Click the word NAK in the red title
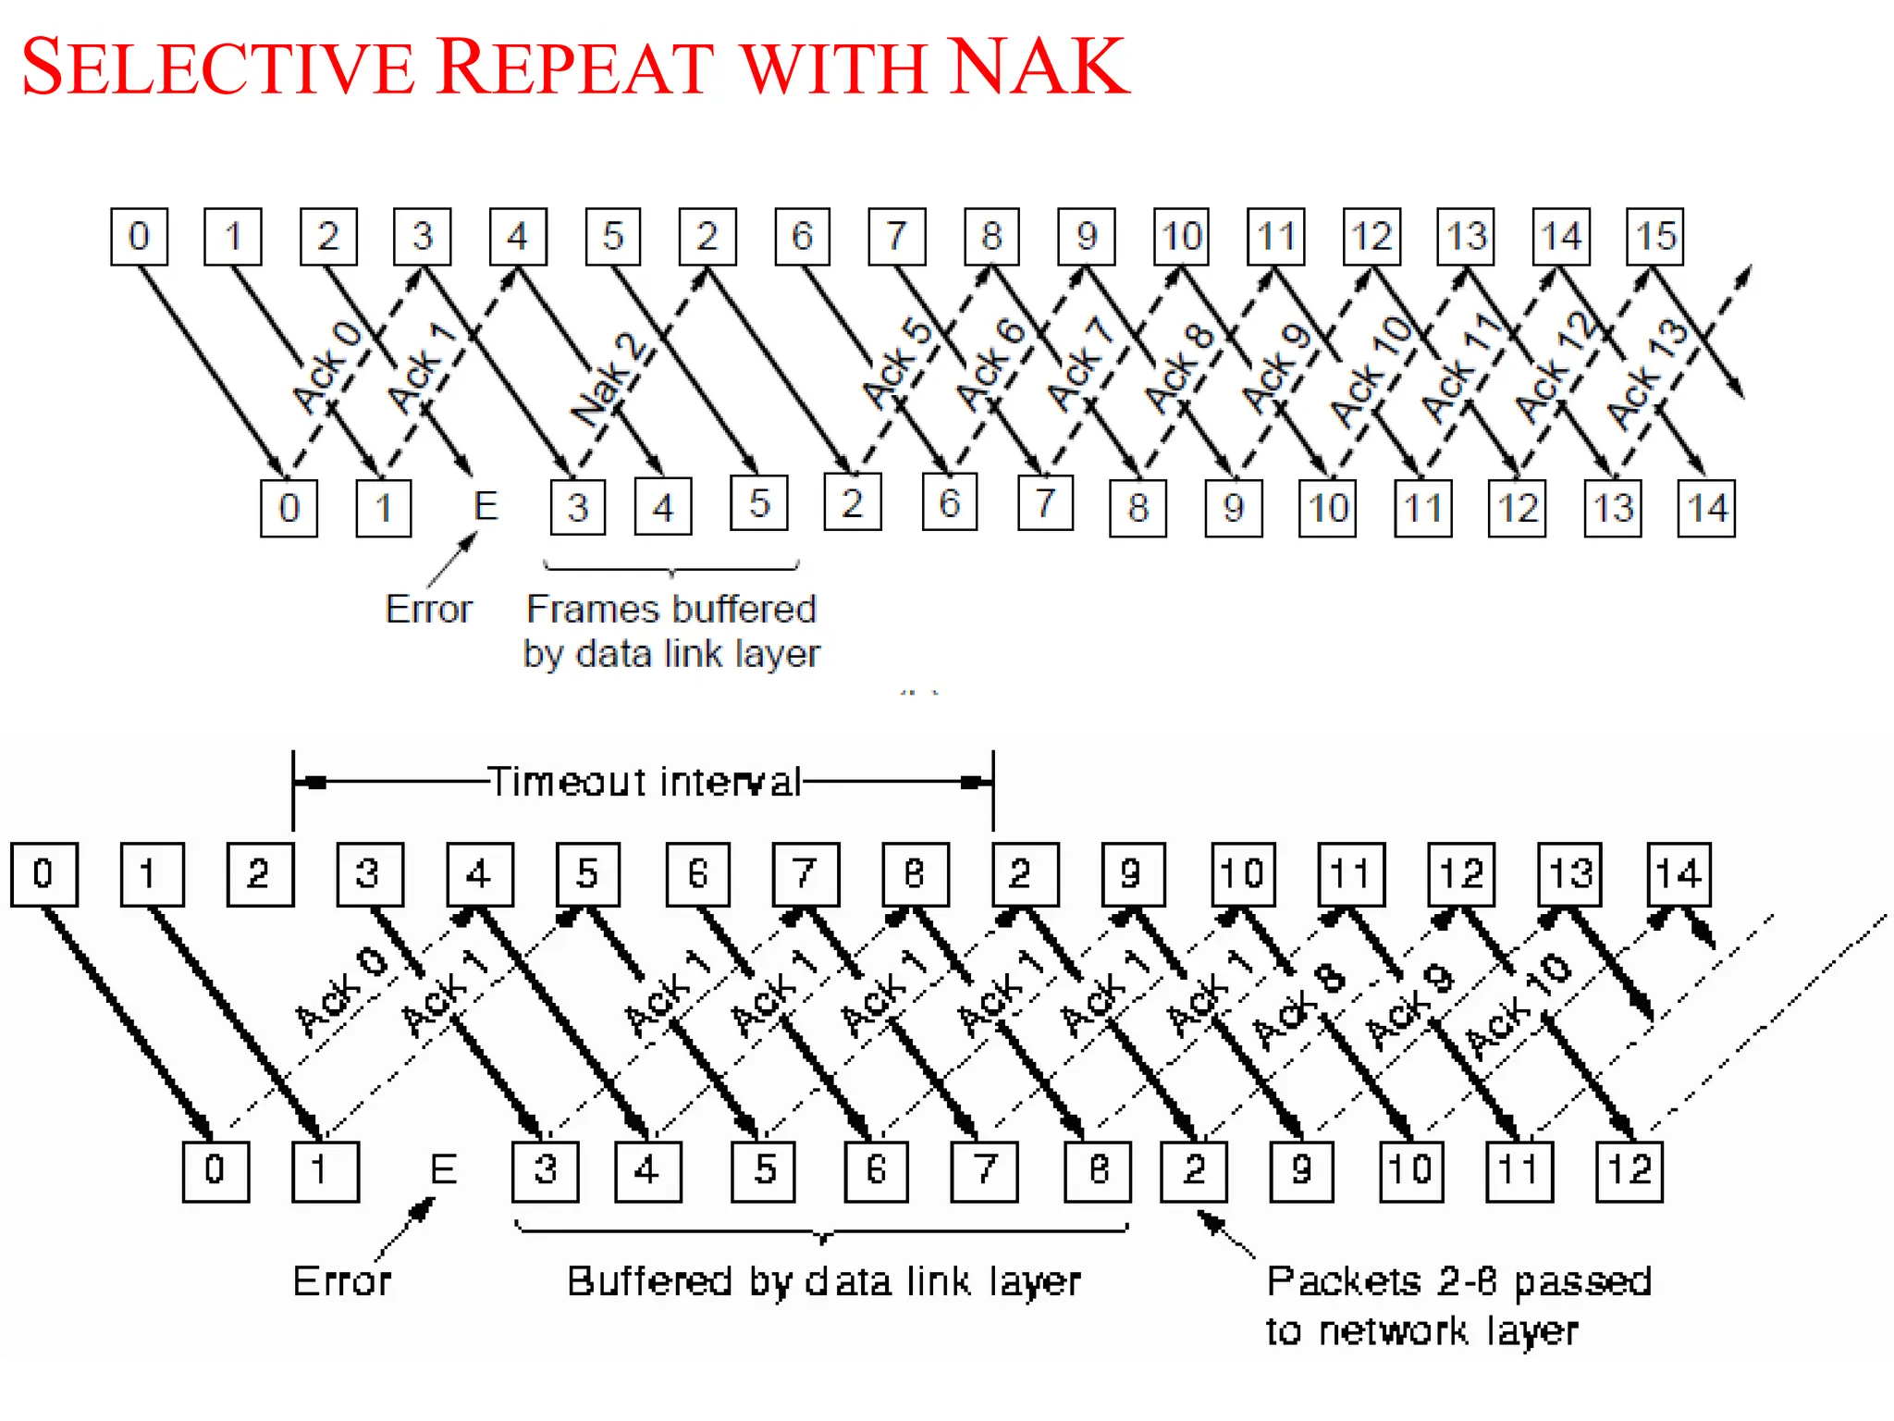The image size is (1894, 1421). (1038, 67)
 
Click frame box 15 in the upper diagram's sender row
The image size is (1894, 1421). (1654, 237)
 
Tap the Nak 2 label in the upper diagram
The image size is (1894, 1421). (609, 380)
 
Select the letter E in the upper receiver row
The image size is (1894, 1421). (485, 506)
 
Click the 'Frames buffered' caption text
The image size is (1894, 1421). (670, 610)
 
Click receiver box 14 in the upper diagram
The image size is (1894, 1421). (1706, 508)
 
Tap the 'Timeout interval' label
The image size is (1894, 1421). (644, 783)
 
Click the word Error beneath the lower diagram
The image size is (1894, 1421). (342, 1281)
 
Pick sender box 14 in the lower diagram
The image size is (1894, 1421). (1679, 874)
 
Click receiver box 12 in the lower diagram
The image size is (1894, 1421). (1630, 1171)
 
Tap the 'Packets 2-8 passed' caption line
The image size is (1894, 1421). (1458, 1281)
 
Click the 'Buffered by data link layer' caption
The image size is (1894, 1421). (823, 1281)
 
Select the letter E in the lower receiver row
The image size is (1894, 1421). (443, 1170)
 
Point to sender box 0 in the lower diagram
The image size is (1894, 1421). (43, 874)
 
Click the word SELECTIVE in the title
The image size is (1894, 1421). (218, 67)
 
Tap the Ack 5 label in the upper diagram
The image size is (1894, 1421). (896, 364)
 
